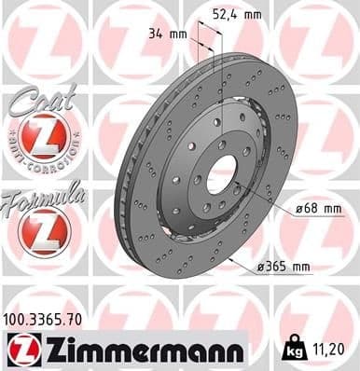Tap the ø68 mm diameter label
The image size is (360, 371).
pos(313,207)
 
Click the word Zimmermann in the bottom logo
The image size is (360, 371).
pos(140,350)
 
